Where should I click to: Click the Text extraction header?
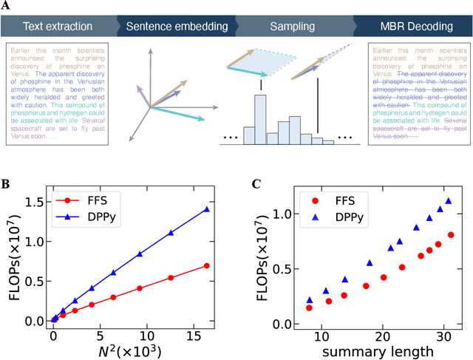coord(52,27)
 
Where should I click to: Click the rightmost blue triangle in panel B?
coord(207,209)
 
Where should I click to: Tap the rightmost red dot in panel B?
coord(207,265)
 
